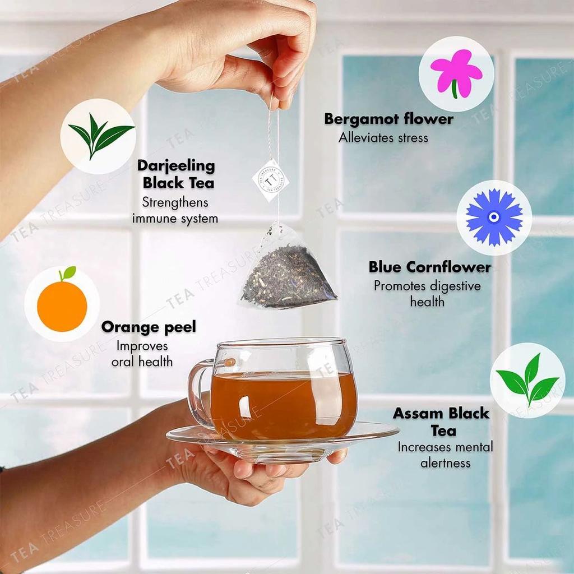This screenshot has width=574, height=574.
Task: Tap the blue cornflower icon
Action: click(494, 217)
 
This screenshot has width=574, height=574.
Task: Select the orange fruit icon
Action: click(62, 305)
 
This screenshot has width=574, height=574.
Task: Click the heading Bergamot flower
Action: click(388, 119)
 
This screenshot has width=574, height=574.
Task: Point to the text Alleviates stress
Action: click(383, 137)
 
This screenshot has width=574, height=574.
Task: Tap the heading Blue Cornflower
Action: click(429, 267)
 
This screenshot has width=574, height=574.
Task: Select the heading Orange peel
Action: click(149, 327)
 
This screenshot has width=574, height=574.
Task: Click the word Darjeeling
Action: click(176, 166)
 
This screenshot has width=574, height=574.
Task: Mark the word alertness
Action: click(445, 463)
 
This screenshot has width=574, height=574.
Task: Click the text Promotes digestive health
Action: click(427, 294)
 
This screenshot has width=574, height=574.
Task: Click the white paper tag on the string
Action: click(271, 179)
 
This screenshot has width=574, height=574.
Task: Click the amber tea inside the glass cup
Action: click(284, 404)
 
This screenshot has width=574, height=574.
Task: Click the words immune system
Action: click(175, 219)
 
